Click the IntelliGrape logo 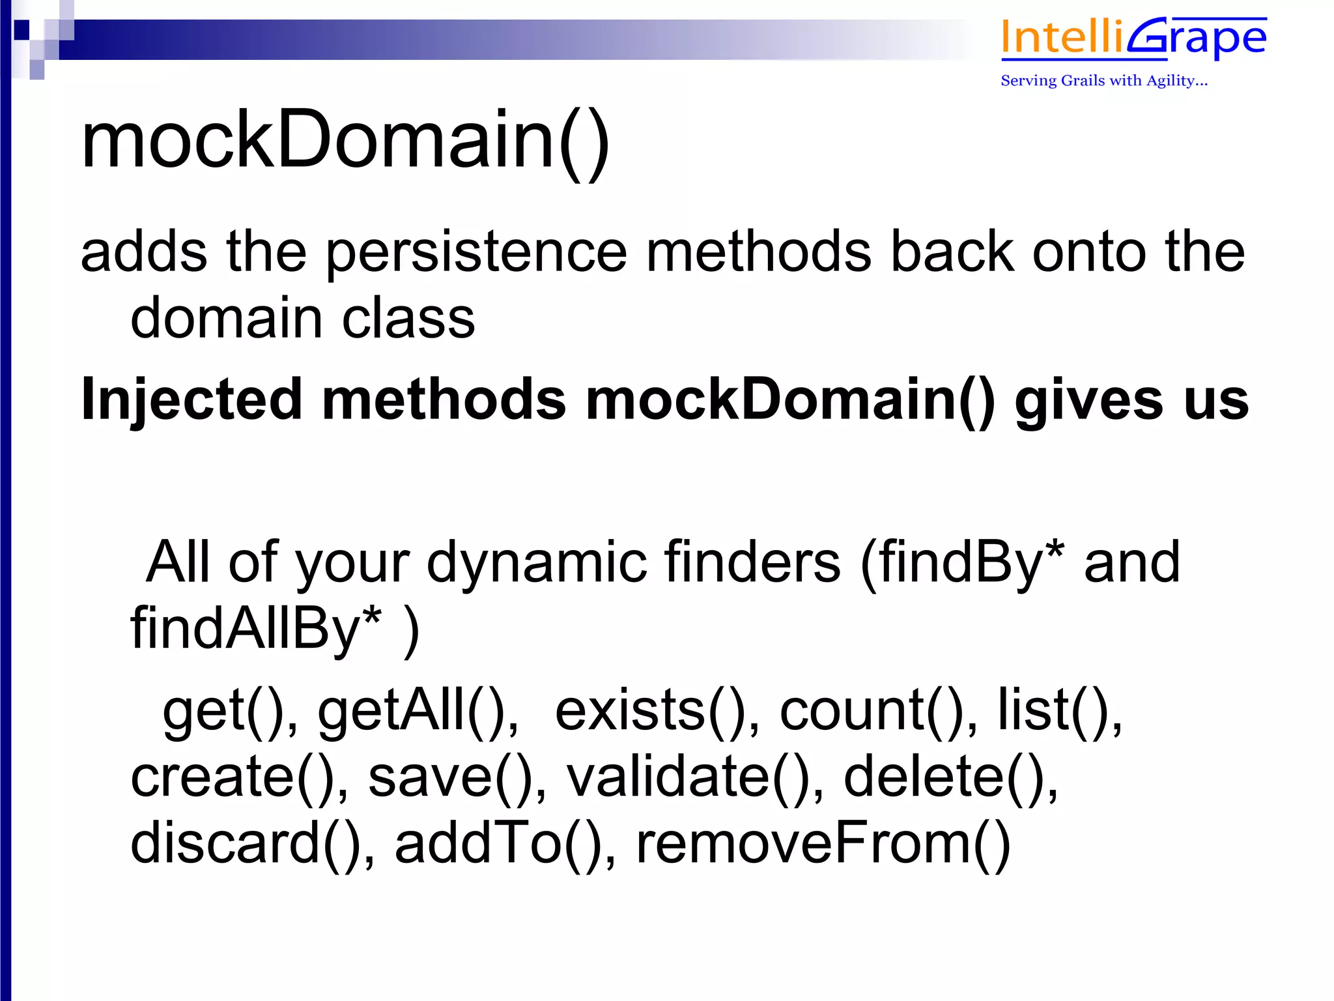(x=1133, y=39)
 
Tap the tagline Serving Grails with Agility (x=1104, y=81)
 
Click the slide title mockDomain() (x=345, y=140)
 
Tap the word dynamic (x=537, y=562)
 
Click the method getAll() (x=417, y=710)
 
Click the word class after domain (x=408, y=319)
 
